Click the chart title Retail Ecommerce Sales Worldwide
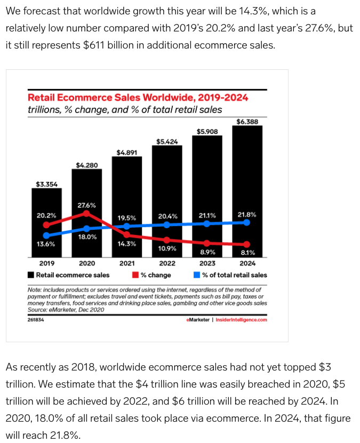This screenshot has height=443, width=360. tap(138, 98)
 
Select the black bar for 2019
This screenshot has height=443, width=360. tap(46, 203)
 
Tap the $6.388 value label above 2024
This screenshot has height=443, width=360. tap(247, 122)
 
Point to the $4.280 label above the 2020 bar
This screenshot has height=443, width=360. tap(86, 165)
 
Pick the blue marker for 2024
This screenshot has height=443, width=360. tap(247, 222)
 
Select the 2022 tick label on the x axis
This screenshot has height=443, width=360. tap(167, 263)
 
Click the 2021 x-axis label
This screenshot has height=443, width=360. tap(127, 263)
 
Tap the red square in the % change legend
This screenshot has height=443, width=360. tap(136, 275)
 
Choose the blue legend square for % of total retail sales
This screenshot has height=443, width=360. tap(197, 275)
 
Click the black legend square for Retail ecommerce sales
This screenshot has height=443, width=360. tap(31, 275)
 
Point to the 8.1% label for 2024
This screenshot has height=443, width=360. tap(247, 253)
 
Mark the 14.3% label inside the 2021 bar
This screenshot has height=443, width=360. tap(127, 244)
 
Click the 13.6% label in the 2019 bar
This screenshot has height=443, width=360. tap(46, 244)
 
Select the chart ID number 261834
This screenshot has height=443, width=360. tap(36, 320)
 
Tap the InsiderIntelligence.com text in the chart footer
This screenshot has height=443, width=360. tap(241, 320)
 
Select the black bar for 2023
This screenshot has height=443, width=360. tap(207, 176)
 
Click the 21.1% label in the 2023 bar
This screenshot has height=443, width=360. tap(207, 215)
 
